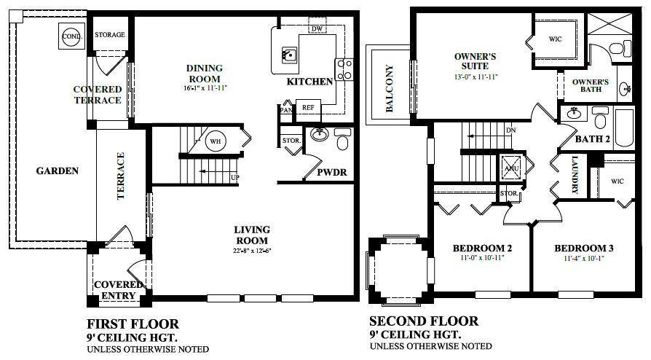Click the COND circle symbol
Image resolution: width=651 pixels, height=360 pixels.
(71, 36)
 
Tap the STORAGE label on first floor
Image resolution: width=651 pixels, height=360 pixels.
(110, 34)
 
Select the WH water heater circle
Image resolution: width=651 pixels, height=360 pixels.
(216, 141)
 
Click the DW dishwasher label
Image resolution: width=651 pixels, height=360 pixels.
(315, 28)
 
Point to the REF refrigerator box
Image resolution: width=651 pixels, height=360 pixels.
(307, 106)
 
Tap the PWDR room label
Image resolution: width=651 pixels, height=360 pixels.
(331, 173)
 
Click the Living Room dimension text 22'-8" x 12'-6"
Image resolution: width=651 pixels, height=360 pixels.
(251, 252)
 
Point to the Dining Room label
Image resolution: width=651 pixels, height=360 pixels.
(205, 74)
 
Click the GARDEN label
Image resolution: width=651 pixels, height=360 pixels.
(57, 171)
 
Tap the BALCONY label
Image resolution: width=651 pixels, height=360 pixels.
(389, 88)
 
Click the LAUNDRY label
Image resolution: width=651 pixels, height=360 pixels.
(575, 176)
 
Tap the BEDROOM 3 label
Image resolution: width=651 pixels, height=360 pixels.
(579, 246)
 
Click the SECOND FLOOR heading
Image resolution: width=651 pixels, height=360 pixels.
(424, 321)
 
